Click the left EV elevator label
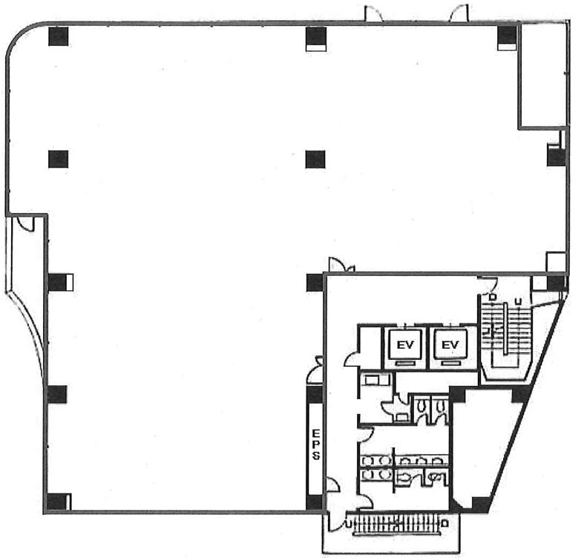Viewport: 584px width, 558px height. click(405, 345)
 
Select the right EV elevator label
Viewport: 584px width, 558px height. click(450, 345)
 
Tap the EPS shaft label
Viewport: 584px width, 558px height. click(316, 444)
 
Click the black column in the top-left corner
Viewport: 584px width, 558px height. click(59, 36)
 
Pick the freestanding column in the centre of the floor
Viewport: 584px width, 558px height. click(315, 159)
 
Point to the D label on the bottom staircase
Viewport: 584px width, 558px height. click(444, 524)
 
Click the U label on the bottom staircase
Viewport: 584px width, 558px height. click(349, 524)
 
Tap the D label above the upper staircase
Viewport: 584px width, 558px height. click(493, 298)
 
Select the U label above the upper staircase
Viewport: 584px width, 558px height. click(517, 301)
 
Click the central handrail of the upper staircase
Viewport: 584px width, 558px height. click(505, 329)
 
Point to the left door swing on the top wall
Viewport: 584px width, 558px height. click(373, 13)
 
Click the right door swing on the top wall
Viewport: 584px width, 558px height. click(459, 14)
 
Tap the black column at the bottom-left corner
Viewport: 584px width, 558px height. click(57, 502)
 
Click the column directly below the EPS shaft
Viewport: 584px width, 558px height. click(314, 503)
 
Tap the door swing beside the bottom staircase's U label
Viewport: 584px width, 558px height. click(337, 522)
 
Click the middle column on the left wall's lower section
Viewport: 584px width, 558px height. click(56, 395)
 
